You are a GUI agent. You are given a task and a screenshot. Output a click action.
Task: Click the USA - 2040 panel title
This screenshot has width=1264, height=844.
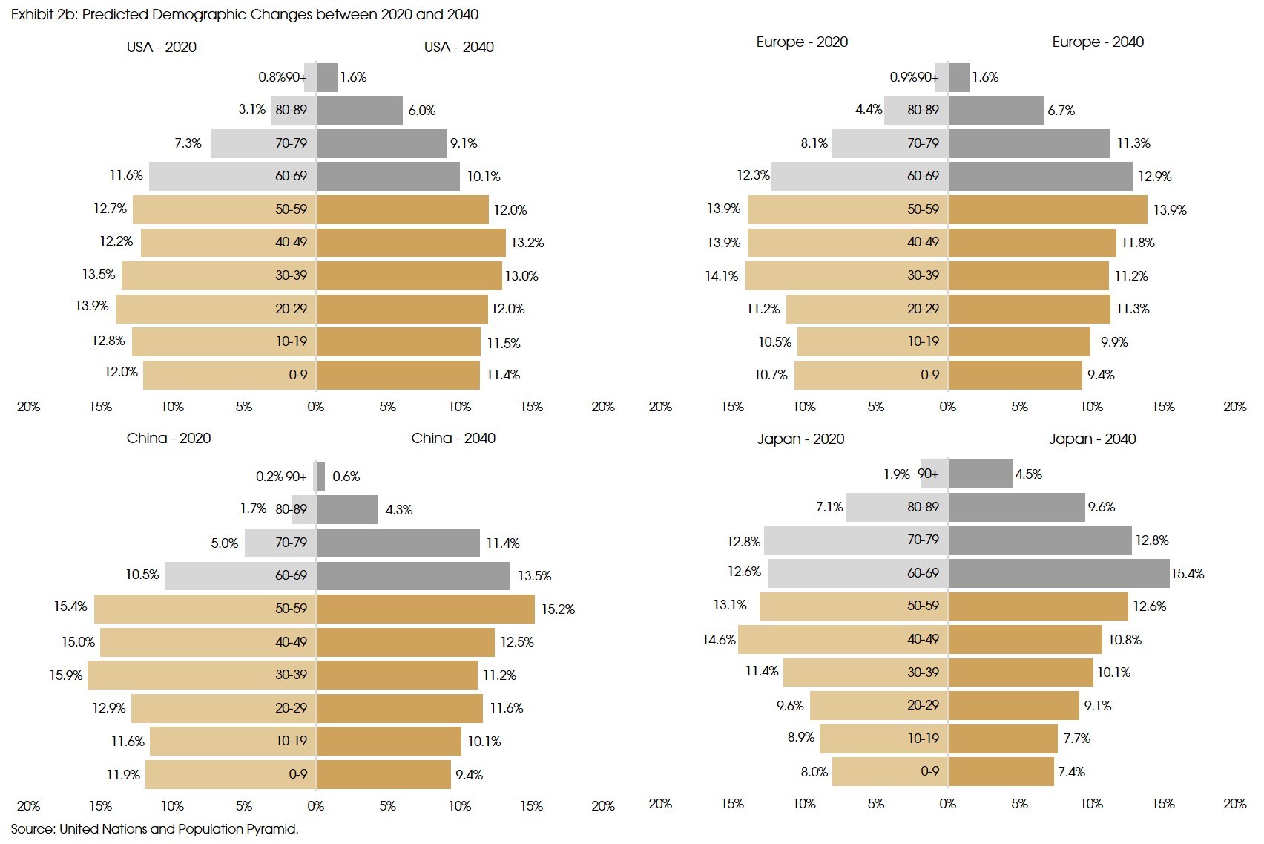tap(458, 47)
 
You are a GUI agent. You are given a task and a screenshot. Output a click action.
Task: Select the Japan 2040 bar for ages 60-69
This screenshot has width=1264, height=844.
tap(1059, 573)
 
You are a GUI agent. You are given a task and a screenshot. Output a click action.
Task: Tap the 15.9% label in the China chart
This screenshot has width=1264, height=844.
tap(66, 675)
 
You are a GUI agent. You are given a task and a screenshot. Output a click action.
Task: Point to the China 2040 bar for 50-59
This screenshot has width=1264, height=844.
tap(425, 609)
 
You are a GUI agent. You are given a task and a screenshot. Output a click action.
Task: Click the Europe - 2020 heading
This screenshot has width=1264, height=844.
tap(802, 42)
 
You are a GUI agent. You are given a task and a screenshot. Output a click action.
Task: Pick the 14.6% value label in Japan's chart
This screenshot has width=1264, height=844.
tap(719, 639)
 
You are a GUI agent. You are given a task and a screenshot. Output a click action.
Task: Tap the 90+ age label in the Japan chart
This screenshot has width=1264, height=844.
tap(928, 474)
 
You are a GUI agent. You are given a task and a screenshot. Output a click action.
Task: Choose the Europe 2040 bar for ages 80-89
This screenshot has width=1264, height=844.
tap(995, 110)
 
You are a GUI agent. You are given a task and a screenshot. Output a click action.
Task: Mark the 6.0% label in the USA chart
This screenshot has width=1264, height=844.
tap(422, 111)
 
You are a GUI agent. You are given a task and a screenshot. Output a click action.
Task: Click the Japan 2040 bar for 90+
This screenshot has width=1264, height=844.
tap(980, 474)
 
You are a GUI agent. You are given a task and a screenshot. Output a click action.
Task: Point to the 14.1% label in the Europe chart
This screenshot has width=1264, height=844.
tap(722, 276)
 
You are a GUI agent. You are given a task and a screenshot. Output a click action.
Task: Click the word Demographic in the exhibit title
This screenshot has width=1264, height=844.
tap(194, 14)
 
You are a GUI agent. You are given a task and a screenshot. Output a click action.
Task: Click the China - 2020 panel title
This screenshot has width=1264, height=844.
tap(168, 438)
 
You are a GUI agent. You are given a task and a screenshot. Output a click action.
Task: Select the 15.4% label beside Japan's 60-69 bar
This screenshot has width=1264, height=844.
tap(1188, 574)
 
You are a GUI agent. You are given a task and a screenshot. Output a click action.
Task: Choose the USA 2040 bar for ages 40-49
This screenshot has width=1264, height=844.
tap(411, 243)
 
